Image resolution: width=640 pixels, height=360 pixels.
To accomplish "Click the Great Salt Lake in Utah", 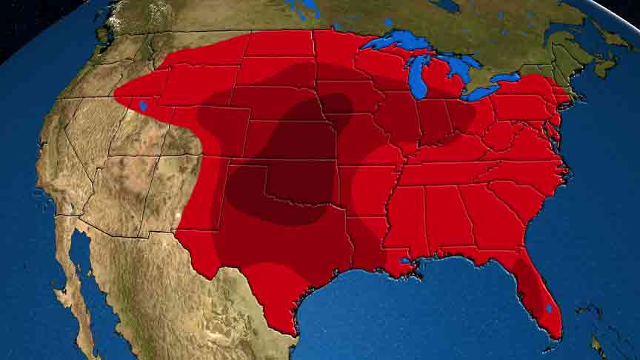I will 142,106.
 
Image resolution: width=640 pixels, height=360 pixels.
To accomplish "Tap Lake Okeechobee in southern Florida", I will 549,307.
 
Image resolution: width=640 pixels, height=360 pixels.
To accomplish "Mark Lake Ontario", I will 507,77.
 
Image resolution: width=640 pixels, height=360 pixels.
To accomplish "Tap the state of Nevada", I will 81,141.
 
